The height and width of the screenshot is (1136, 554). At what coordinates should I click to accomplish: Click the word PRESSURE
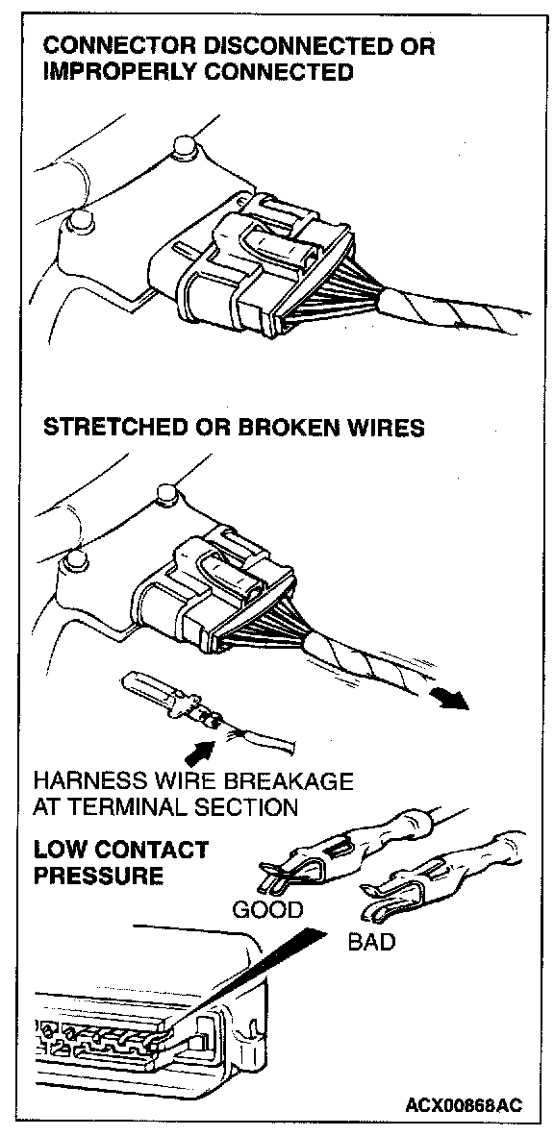coord(99,876)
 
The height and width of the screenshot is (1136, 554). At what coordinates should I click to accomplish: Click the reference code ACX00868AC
coord(463,1105)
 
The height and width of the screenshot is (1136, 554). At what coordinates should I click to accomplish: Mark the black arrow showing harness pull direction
coord(449,699)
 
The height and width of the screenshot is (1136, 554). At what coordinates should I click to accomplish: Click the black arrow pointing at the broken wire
coord(199,753)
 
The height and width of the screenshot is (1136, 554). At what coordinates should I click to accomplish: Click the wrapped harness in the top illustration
coord(449,311)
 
